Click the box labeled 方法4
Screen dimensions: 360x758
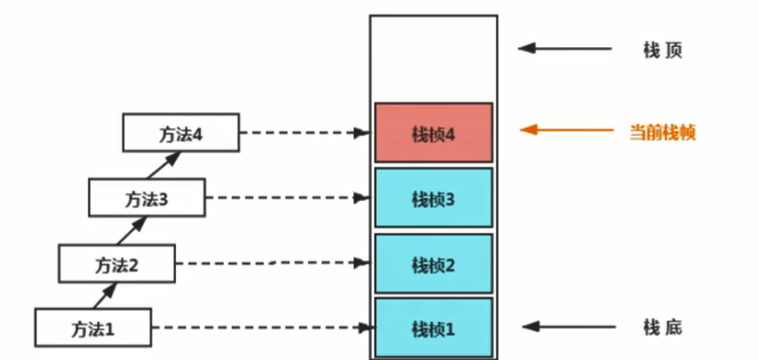181,132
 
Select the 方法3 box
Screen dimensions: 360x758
147,197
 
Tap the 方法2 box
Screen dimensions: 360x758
117,264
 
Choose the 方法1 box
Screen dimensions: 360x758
93,328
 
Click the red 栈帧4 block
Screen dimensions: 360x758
433,133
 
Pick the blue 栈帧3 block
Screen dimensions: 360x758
433,198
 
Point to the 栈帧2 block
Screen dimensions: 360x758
433,264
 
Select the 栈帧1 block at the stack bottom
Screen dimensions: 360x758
433,328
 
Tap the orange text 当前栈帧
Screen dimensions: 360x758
662,131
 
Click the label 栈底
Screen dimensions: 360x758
662,328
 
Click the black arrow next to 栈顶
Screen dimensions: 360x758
565,49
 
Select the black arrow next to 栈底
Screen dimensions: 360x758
567,328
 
